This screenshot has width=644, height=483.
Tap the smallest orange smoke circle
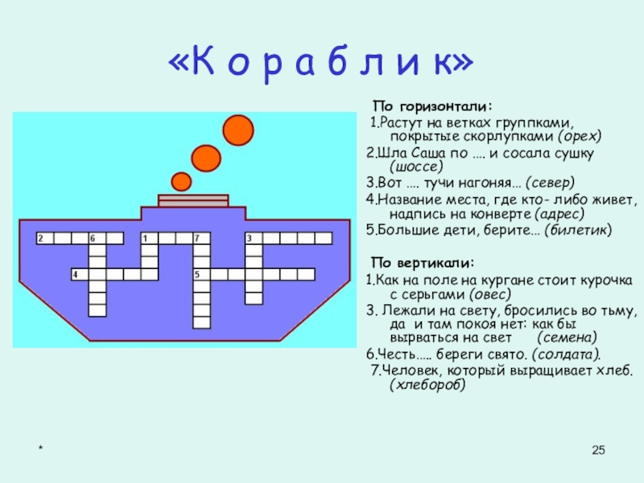(182, 180)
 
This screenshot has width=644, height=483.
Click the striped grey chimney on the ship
(182, 200)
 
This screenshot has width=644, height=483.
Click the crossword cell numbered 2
(43, 238)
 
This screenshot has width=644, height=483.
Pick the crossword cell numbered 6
(95, 238)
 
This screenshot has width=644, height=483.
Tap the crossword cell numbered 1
(147, 238)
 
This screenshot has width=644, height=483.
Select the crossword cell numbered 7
(198, 238)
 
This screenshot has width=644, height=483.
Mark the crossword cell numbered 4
(77, 275)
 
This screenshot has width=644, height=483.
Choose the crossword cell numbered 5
(198, 275)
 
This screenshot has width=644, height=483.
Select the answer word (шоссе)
(416, 167)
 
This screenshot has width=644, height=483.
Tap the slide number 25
(597, 449)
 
